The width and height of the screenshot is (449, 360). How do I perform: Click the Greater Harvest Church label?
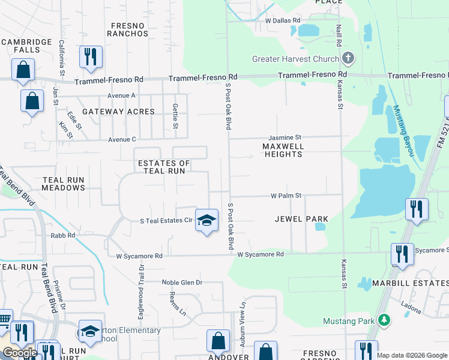tap(295, 59)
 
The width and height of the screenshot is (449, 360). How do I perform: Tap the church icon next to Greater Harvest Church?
tap(348, 58)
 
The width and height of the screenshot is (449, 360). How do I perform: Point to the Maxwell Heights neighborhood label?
tap(283, 150)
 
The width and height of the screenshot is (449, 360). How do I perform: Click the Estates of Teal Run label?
tap(164, 167)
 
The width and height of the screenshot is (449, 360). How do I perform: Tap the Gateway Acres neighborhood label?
tap(118, 112)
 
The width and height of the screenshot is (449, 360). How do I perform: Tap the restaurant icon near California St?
tap(91, 57)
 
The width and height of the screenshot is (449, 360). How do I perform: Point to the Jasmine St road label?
tap(285, 137)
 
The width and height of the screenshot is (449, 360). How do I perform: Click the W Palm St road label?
tap(286, 196)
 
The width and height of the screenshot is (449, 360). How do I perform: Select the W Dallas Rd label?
tap(282, 20)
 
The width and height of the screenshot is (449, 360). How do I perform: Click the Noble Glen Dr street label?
tap(182, 282)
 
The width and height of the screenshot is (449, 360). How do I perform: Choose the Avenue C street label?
tap(121, 139)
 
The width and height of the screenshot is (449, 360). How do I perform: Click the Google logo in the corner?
tap(20, 353)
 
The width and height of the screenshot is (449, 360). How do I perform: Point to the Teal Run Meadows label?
tap(64, 184)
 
